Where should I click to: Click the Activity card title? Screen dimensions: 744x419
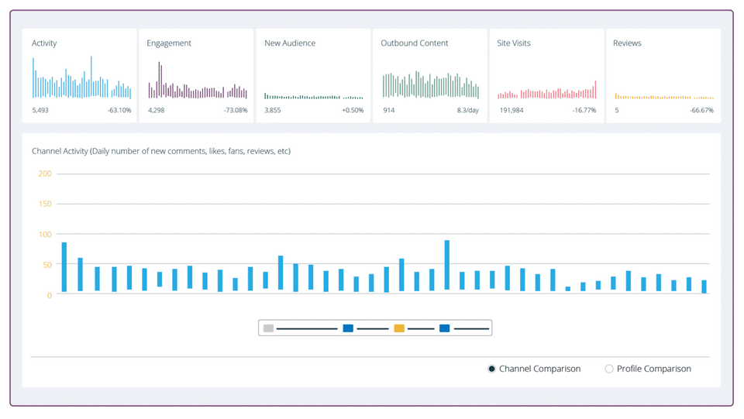coord(44,43)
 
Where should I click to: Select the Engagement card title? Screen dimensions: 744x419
coord(169,43)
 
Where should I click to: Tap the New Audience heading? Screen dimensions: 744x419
coord(290,43)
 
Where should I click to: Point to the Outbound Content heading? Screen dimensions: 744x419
coord(414,43)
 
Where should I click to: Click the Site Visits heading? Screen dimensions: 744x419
coord(514,43)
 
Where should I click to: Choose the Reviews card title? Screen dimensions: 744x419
coord(627,43)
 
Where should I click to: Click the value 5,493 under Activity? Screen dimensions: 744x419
coord(40,111)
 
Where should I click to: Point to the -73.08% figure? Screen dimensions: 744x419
coord(236,111)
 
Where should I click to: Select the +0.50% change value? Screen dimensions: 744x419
coord(353,111)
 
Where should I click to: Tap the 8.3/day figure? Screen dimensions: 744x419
coord(468,111)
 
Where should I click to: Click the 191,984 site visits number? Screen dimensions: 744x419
coord(511,111)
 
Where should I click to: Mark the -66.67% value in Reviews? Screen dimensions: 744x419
coord(702,111)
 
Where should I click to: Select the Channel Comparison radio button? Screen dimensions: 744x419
coord(491,369)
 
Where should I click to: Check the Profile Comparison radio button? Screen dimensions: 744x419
coord(609,369)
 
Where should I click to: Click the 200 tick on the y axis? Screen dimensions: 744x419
coord(45,173)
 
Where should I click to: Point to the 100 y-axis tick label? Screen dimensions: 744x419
coord(45,234)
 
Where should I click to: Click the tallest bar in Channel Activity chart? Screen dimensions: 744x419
coord(447,265)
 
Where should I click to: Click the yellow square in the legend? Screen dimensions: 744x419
coord(399,328)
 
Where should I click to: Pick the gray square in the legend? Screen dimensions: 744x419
coord(269,328)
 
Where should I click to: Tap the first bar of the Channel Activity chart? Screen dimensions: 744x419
coord(64,267)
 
